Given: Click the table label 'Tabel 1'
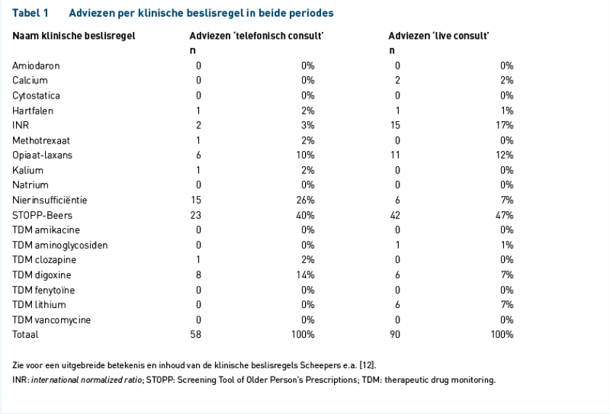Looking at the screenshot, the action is (x=30, y=13).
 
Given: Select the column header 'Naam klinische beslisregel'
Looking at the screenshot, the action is (x=74, y=36).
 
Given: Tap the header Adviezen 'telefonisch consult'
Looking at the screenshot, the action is (x=256, y=36).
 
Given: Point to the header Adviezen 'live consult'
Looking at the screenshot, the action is (x=439, y=36).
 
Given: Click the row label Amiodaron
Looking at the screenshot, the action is (x=36, y=66).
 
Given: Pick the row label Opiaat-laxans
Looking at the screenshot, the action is (x=42, y=155).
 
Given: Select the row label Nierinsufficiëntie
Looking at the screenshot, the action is (x=50, y=200).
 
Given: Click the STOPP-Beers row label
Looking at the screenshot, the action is (x=42, y=215).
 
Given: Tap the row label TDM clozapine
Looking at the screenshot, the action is (x=44, y=259).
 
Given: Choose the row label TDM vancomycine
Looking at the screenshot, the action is (x=51, y=319).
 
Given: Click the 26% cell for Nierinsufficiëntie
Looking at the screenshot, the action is (x=306, y=200).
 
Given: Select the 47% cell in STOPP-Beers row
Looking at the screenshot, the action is (x=504, y=215).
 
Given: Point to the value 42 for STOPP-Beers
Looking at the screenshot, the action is (x=395, y=215).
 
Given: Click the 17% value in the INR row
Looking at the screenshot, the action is (x=505, y=125).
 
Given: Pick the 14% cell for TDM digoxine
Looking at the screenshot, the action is (x=306, y=274).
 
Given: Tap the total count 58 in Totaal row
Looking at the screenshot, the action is (x=196, y=334).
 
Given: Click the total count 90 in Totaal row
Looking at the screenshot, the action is (x=395, y=334).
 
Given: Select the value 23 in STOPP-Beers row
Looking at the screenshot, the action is (x=196, y=215).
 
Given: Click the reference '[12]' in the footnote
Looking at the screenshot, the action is (x=368, y=365).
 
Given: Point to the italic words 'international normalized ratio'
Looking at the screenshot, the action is (x=86, y=380).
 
